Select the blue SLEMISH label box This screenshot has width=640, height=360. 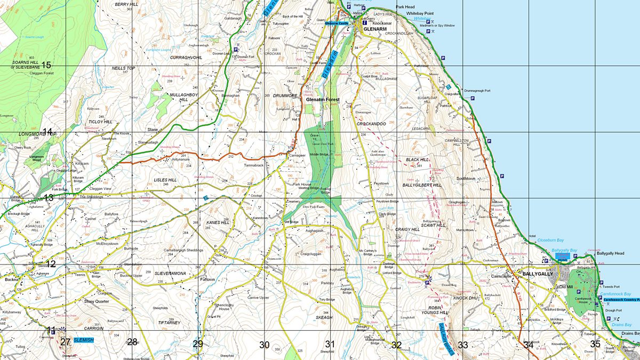(83, 340)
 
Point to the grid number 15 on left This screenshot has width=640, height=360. (46, 65)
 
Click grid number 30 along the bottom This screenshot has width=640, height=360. (264, 345)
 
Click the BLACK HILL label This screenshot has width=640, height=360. (417, 159)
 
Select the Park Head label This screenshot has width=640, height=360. (405, 7)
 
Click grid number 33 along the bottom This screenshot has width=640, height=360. (462, 345)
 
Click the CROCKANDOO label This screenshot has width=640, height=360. (371, 124)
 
